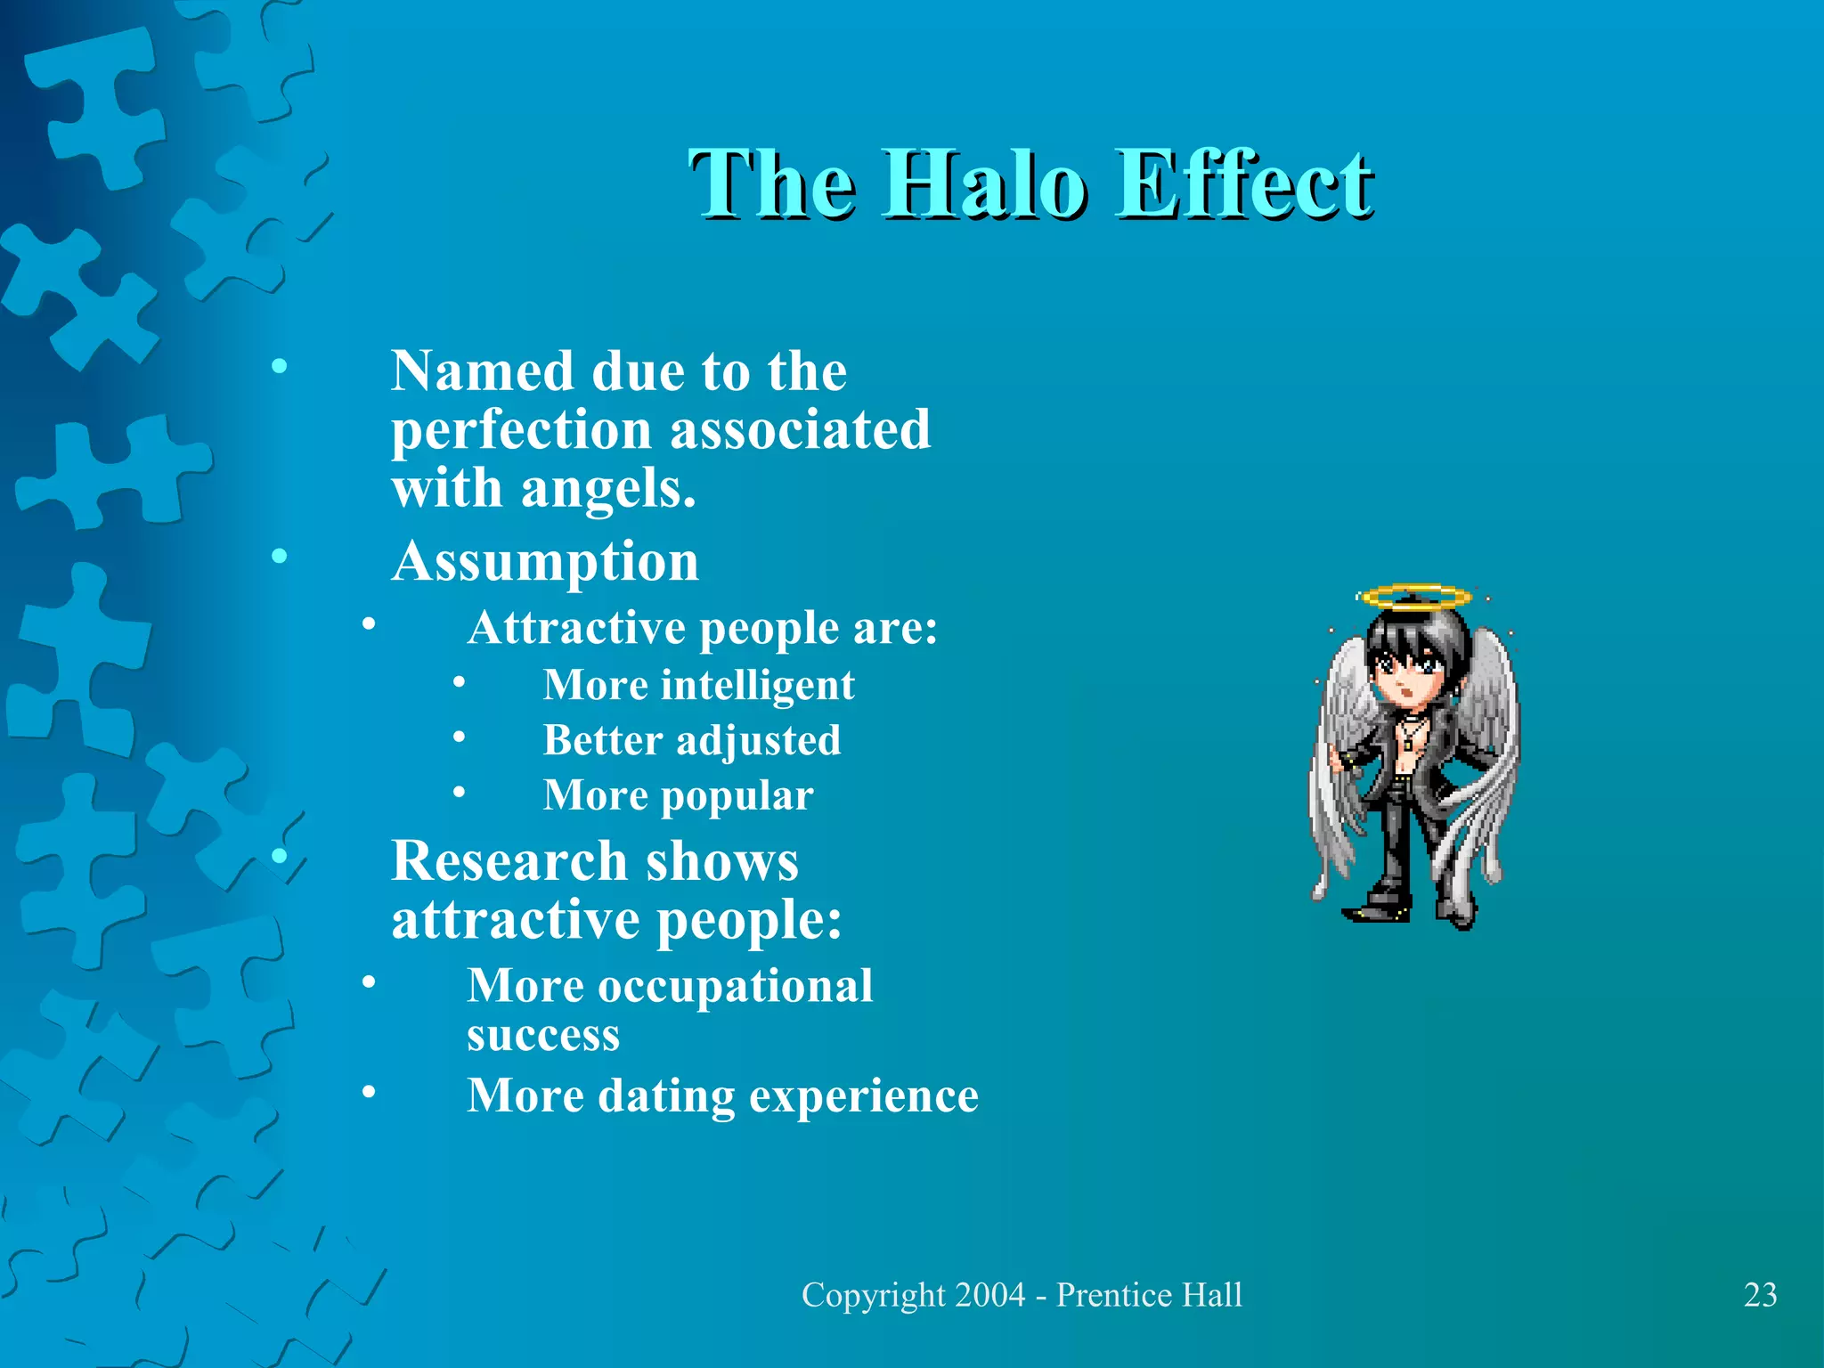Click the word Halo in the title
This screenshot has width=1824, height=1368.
pyautogui.click(x=984, y=184)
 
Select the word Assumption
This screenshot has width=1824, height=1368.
pyautogui.click(x=545, y=561)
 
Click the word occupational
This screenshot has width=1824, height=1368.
pyautogui.click(x=735, y=986)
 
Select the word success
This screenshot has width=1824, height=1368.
pyautogui.click(x=543, y=1035)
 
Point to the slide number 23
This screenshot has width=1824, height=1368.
pyautogui.click(x=1760, y=1295)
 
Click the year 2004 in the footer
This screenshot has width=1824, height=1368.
pyautogui.click(x=989, y=1295)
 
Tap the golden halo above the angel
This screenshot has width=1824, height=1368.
pyautogui.click(x=1413, y=596)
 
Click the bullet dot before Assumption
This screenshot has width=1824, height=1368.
pyautogui.click(x=280, y=557)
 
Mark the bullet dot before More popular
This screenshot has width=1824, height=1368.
pyautogui.click(x=459, y=791)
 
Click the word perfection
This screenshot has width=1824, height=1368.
pyautogui.click(x=522, y=430)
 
